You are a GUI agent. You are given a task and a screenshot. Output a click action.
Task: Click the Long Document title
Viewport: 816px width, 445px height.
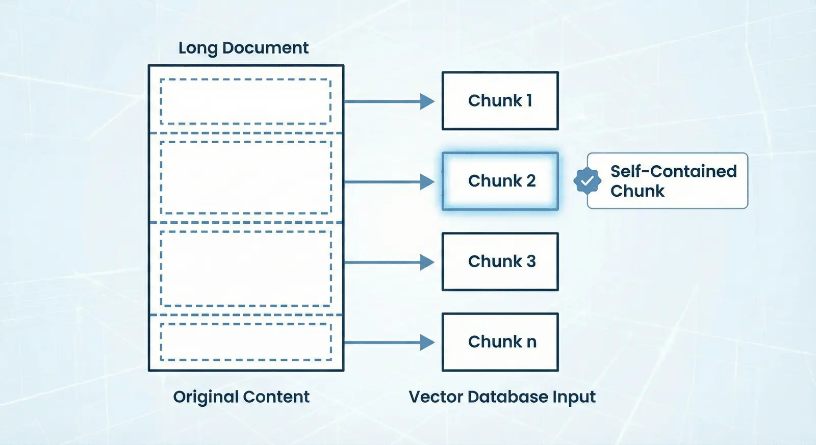[x=243, y=48]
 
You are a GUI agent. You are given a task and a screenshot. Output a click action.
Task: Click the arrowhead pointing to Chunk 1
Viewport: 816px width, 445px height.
[x=427, y=101]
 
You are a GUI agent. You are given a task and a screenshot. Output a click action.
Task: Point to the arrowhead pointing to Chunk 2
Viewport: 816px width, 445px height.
[x=427, y=181]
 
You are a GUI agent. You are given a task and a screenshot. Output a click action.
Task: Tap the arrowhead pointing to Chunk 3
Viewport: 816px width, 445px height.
[x=427, y=262]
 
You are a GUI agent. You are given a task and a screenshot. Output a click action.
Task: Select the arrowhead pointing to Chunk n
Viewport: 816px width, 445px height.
[x=427, y=343]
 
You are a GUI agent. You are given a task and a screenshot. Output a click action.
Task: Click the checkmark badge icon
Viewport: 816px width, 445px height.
[x=587, y=180]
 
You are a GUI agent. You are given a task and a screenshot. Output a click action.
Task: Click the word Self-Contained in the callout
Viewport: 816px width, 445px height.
[x=674, y=171]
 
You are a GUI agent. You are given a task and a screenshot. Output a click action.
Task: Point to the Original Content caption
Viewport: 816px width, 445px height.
[x=241, y=397]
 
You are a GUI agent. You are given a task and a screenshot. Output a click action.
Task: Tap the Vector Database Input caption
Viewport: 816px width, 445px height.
[x=502, y=397]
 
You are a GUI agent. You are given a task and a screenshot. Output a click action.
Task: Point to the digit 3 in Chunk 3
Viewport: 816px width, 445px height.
[x=531, y=261]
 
